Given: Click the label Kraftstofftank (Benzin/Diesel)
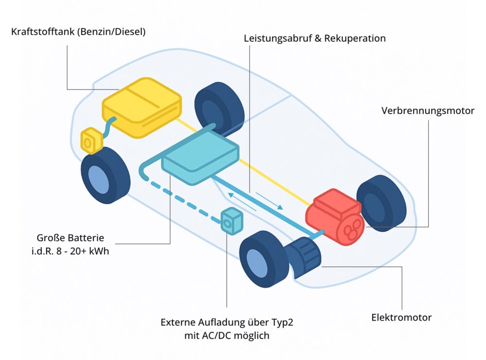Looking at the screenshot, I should [x=78, y=32].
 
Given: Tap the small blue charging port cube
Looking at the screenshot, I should [x=232, y=220].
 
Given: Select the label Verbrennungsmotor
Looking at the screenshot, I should [x=428, y=110].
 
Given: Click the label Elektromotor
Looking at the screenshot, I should [x=401, y=318].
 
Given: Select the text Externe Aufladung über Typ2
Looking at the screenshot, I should [x=227, y=323].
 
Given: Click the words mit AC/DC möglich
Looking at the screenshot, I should [x=227, y=335].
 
